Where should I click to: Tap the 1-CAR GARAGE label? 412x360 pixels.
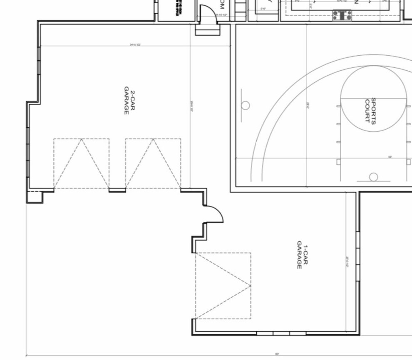pyautogui.click(x=302, y=256)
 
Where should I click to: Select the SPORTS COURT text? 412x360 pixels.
pyautogui.click(x=370, y=111)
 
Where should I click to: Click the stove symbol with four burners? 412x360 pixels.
pyautogui.click(x=342, y=15)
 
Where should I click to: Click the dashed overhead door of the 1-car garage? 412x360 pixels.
pyautogui.click(x=223, y=286)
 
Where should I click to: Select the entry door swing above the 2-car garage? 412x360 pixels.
pyautogui.click(x=207, y=15)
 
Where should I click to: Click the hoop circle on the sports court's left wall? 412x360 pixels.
pyautogui.click(x=246, y=105)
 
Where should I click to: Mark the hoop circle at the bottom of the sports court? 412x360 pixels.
pyautogui.click(x=374, y=177)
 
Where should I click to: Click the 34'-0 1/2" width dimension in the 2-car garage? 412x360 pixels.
pyautogui.click(x=135, y=44)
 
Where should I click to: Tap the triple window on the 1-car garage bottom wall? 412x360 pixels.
pyautogui.click(x=281, y=333)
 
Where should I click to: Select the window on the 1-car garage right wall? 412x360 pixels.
pyautogui.click(x=357, y=256)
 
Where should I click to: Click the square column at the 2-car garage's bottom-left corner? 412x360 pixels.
pyautogui.click(x=35, y=197)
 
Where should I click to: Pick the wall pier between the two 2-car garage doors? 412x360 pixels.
pyautogui.click(x=117, y=190)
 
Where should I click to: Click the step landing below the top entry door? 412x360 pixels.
pyautogui.click(x=208, y=30)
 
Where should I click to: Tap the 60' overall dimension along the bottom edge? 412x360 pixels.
pyautogui.click(x=277, y=354)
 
